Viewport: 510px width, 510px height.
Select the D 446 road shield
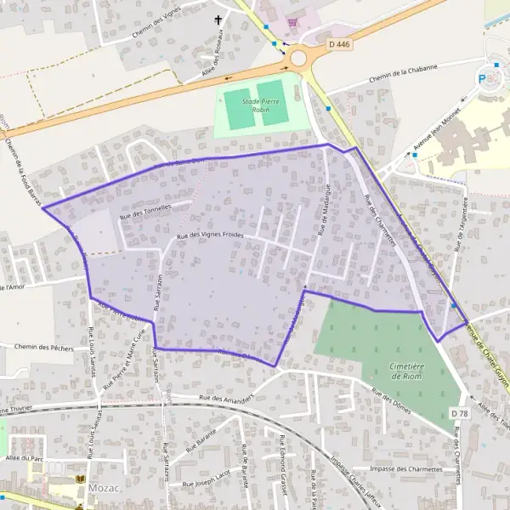click(339, 42)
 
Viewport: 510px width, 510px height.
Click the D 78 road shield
click(459, 413)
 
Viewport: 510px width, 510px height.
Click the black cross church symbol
click(218, 20)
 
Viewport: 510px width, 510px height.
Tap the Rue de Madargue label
click(324, 210)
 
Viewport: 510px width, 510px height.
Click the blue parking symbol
click(484, 79)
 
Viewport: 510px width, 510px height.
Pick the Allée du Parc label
click(23, 458)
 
